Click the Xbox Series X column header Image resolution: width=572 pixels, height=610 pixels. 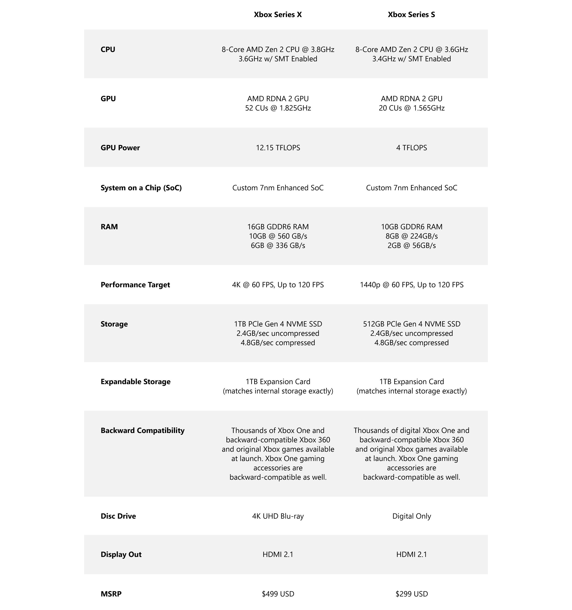click(x=278, y=15)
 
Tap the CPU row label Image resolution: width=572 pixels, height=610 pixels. click(x=108, y=50)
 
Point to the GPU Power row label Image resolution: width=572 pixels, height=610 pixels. click(x=120, y=148)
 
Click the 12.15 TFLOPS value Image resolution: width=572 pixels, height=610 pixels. click(x=278, y=148)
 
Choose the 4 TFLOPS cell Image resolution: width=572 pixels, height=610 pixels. click(x=411, y=148)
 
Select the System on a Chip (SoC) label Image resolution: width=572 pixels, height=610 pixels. click(x=141, y=188)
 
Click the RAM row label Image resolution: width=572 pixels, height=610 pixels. click(x=109, y=227)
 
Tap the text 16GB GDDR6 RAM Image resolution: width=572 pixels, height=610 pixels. click(x=278, y=227)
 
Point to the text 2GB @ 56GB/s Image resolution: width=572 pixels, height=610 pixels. click(x=411, y=245)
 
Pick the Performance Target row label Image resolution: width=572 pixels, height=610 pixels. click(x=135, y=285)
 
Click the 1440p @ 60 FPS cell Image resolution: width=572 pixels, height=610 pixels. click(x=411, y=285)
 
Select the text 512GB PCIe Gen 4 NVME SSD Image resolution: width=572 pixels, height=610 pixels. click(x=411, y=324)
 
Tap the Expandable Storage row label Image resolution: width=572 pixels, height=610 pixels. click(x=135, y=382)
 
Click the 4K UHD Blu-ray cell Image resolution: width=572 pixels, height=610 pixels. click(x=278, y=516)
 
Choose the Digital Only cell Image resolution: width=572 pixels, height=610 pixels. click(x=411, y=516)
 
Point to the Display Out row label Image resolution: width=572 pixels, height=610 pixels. click(x=121, y=554)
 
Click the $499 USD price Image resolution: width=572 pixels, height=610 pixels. click(x=278, y=594)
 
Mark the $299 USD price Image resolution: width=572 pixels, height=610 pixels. click(x=411, y=594)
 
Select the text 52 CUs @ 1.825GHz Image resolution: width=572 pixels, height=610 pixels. click(x=278, y=108)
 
